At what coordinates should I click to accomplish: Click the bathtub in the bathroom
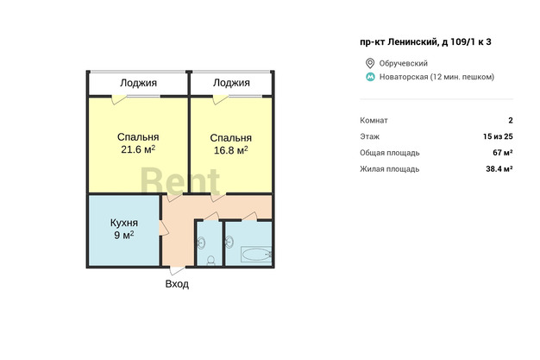tap(256, 255)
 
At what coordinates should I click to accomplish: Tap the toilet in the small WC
tap(210, 261)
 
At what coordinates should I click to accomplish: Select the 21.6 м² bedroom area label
tap(138, 149)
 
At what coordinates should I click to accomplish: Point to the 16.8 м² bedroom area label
tap(230, 150)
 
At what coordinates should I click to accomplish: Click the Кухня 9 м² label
tap(124, 229)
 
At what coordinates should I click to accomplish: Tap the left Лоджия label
tap(138, 83)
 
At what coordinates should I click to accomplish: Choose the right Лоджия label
tap(231, 83)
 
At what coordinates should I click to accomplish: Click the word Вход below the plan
tap(177, 284)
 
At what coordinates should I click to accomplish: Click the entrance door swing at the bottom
tap(177, 270)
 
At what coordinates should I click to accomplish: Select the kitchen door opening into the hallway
tap(164, 228)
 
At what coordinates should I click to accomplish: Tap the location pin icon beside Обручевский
tap(370, 63)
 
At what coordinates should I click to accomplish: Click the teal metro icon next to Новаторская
tap(370, 77)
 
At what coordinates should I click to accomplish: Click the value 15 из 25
tap(498, 136)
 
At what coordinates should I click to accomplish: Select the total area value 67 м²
tap(503, 153)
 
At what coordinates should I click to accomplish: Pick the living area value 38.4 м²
tap(499, 168)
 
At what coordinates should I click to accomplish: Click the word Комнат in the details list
tap(374, 120)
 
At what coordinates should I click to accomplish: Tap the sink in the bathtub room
tap(229, 242)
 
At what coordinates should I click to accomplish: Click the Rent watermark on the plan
tap(180, 181)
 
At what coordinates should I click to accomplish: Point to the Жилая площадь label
tap(390, 169)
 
